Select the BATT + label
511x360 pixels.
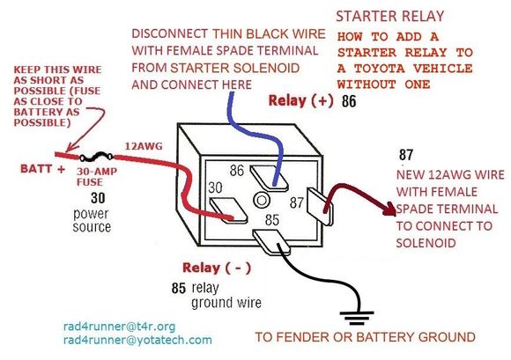pos(34,165)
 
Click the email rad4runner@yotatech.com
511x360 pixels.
pos(137,339)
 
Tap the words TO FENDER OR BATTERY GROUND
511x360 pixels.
pos(365,337)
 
